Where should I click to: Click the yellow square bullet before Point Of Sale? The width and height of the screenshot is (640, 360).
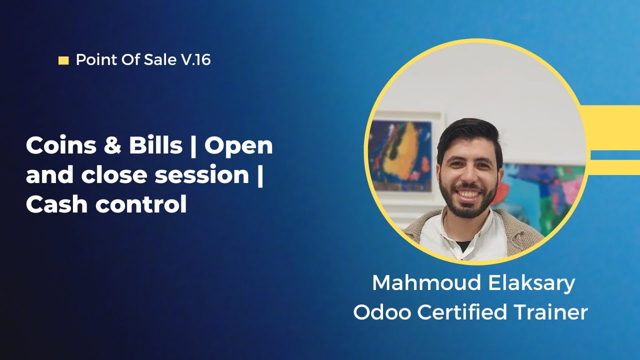pos(63,61)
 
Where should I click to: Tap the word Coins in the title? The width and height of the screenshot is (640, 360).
pos(54,145)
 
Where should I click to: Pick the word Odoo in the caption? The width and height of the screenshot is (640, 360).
pos(382,312)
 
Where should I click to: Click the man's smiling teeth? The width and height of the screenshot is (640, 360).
pos(468,193)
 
